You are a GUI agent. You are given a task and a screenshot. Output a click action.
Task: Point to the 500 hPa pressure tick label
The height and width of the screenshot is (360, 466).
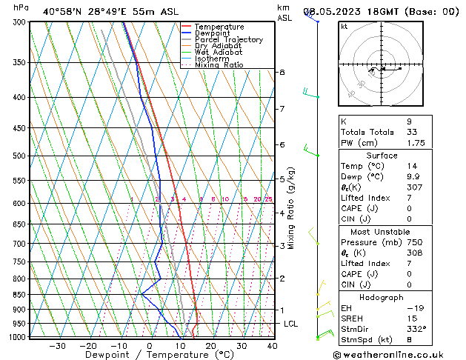20,156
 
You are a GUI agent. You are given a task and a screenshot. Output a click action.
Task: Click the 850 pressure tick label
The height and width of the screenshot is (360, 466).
20,295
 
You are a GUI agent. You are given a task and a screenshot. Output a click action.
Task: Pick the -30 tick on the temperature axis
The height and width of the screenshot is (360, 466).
57,346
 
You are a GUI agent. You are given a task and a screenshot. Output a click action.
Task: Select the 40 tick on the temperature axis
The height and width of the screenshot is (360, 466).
272,346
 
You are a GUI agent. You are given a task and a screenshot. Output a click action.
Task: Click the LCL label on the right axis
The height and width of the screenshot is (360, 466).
291,324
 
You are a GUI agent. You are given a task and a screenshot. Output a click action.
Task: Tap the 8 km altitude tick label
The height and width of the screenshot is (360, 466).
282,72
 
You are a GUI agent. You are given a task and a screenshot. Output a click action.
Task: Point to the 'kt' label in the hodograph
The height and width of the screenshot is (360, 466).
344,27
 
